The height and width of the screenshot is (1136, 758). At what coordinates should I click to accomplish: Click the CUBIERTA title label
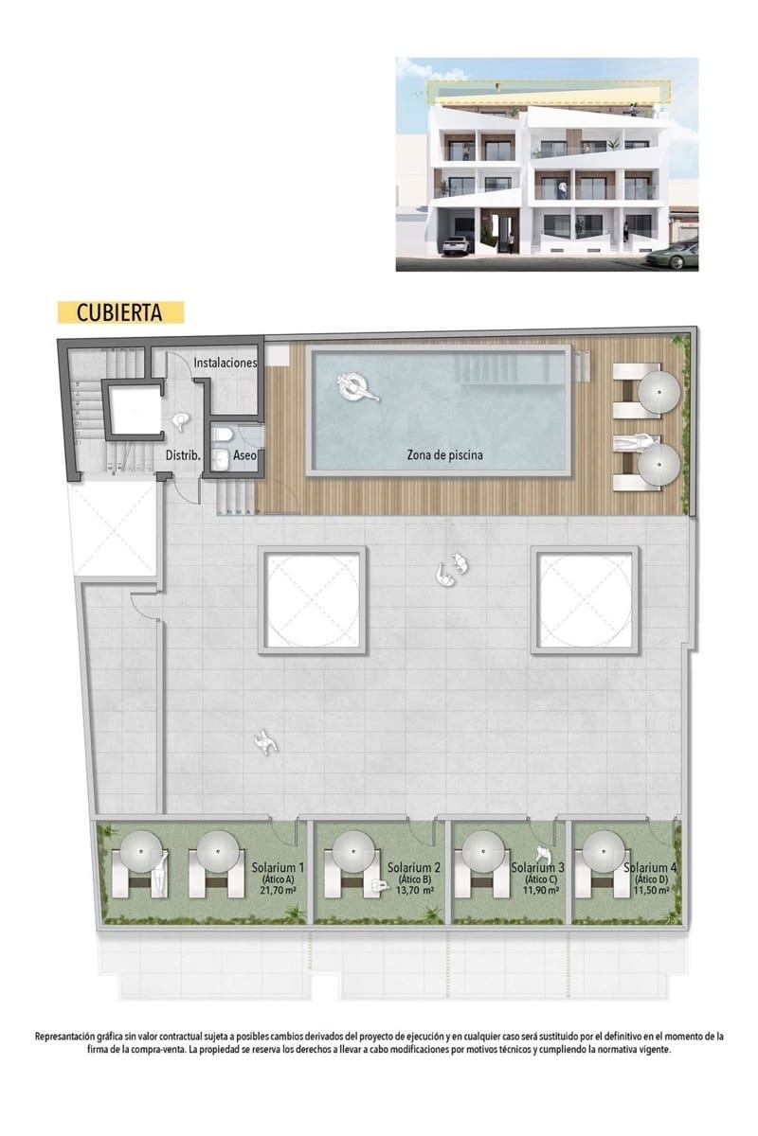pos(118,312)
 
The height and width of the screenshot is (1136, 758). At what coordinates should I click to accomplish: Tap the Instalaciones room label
pos(226,363)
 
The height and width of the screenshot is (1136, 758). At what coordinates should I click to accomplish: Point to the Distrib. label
pos(183,455)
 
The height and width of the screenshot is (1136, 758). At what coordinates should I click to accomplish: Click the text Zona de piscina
pos(440,455)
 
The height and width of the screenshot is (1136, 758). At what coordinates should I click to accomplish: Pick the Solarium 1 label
pos(278,867)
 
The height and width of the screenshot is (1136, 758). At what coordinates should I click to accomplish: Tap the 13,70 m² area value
pos(415,891)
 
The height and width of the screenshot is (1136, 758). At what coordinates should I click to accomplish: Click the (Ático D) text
pos(650,879)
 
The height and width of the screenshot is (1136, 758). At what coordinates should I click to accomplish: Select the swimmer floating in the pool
pos(357,386)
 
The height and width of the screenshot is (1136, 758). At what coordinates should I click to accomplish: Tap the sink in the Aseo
pos(221,459)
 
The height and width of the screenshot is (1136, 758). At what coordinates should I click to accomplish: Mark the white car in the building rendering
pos(457,245)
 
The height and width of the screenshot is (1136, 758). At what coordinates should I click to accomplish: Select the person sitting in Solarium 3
pos(544,856)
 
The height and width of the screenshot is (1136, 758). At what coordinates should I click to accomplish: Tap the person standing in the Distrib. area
pos(180,425)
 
